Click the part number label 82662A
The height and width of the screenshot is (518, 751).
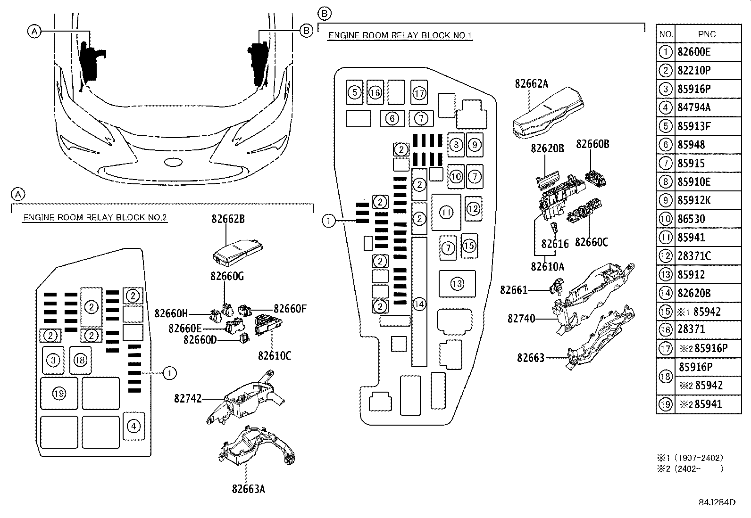click(x=531, y=83)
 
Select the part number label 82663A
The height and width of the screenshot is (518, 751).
click(x=249, y=489)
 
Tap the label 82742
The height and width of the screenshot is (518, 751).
click(x=188, y=398)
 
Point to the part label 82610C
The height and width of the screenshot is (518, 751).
click(x=275, y=355)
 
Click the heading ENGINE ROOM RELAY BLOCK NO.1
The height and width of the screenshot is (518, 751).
click(x=400, y=35)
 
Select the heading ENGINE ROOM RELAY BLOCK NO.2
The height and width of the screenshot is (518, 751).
click(x=95, y=217)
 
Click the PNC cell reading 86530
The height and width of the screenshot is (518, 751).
click(x=691, y=219)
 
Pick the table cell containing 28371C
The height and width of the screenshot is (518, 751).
click(x=694, y=256)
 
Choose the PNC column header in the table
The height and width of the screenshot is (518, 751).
click(x=707, y=34)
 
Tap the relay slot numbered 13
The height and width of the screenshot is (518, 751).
click(x=457, y=284)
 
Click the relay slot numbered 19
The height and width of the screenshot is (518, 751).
click(x=59, y=394)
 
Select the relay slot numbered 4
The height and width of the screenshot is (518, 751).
click(x=134, y=426)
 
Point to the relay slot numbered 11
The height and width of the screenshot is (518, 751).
click(x=446, y=213)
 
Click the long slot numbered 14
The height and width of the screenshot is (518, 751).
click(x=419, y=302)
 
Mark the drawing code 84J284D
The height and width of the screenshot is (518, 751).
click(x=717, y=502)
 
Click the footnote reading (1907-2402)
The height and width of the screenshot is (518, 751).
click(x=699, y=458)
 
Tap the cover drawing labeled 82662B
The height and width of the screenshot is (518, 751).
click(x=238, y=252)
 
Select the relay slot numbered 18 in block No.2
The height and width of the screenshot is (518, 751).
click(x=80, y=360)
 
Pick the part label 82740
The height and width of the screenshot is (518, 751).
click(x=521, y=318)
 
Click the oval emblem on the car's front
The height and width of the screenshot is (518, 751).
click(x=173, y=162)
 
